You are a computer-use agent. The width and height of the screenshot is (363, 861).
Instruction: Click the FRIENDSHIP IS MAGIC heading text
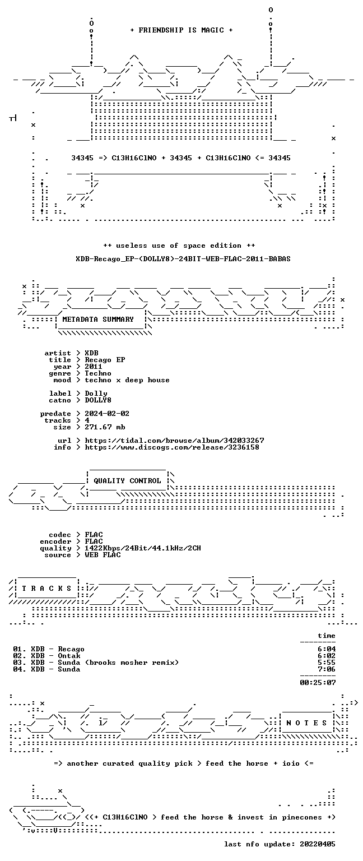(x=182, y=30)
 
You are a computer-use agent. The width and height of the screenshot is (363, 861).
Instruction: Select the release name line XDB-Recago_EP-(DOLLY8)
(x=183, y=258)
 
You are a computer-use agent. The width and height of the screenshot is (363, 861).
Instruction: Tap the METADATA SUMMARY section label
(x=98, y=319)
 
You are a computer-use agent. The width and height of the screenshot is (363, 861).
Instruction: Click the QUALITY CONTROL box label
(x=127, y=480)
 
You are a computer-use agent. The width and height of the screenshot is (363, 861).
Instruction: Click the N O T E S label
(x=306, y=723)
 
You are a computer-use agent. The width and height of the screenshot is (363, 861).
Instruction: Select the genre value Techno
(x=98, y=373)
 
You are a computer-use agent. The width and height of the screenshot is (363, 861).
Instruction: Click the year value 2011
(x=94, y=366)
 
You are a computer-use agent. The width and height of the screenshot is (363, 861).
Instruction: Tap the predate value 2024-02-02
(x=107, y=414)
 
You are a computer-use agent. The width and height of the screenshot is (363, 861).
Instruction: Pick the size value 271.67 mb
(x=105, y=427)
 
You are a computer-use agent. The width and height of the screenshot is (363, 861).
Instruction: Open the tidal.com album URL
(x=174, y=441)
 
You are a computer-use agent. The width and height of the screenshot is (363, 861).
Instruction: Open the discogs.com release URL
(x=172, y=447)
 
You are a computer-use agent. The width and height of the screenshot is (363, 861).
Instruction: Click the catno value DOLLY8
(x=98, y=400)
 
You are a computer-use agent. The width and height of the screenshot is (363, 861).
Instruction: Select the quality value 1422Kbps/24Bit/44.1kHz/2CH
(x=143, y=548)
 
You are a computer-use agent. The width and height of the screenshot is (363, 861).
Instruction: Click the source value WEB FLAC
(x=103, y=554)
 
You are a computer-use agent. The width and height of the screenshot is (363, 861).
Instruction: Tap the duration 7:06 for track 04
(x=327, y=669)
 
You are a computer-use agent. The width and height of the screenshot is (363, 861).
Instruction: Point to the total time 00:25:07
(x=318, y=683)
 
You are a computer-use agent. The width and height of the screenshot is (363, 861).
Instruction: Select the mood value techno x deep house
(x=127, y=380)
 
